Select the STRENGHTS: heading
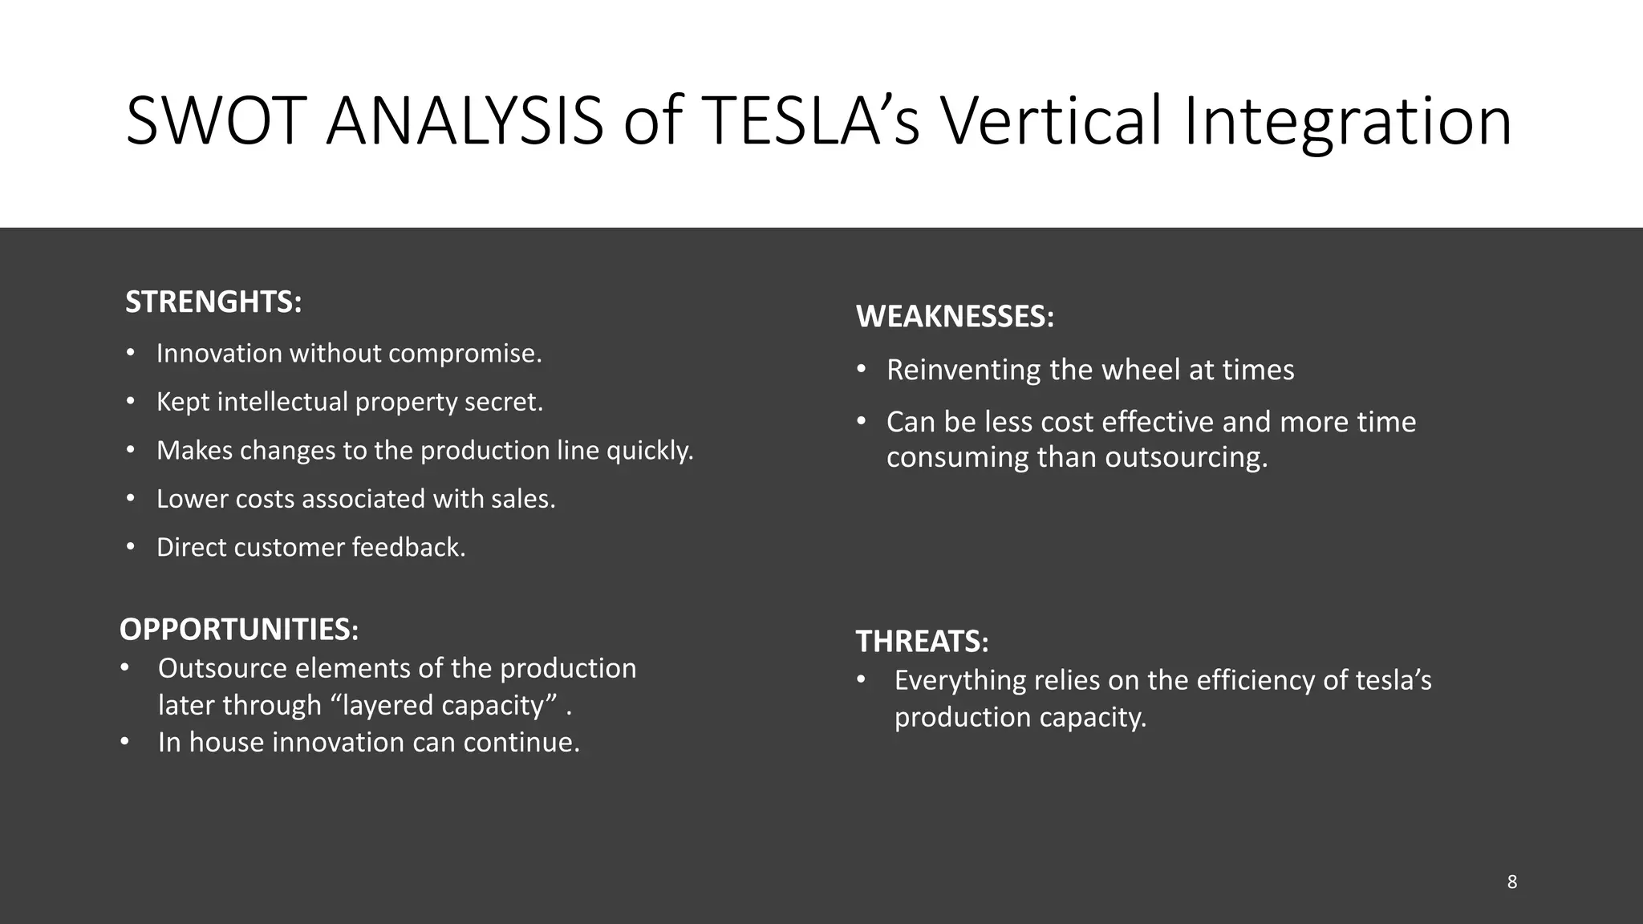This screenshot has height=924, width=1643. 213,302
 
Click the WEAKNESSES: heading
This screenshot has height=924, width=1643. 955,317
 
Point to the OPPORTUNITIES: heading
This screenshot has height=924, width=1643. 239,630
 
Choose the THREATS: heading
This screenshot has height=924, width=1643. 922,642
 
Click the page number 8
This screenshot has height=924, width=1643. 1511,882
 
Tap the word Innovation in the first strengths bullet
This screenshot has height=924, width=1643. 219,354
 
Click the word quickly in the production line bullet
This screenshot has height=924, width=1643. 649,451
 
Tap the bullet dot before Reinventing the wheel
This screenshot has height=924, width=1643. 862,370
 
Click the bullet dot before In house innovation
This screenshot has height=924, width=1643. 124,742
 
